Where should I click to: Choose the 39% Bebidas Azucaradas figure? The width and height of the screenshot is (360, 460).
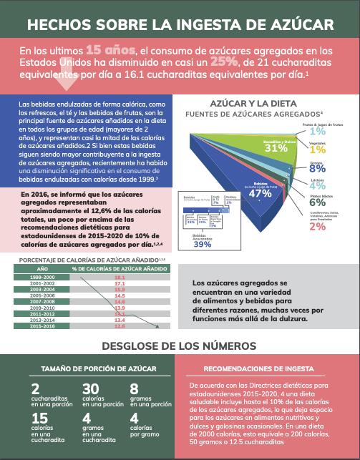[x=202, y=244]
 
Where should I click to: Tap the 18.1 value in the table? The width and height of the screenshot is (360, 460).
[x=120, y=276]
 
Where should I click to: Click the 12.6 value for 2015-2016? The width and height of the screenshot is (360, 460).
[x=120, y=326]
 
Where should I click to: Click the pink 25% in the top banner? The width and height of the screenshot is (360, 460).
[x=188, y=62]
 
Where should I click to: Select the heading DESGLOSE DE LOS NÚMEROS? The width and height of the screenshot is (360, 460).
[x=180, y=346]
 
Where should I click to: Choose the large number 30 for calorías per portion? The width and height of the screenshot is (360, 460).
[x=89, y=389]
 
